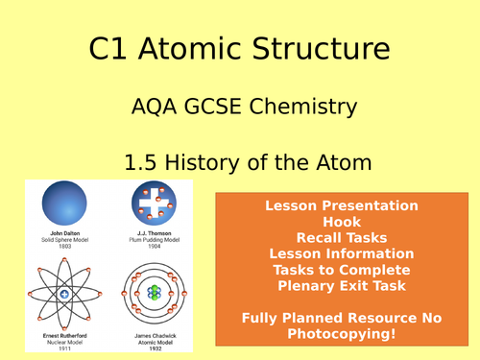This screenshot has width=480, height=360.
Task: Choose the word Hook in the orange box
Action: (342, 221)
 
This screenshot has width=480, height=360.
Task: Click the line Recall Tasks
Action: (342, 237)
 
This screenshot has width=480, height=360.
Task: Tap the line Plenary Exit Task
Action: (342, 285)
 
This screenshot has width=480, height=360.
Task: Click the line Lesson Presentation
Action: (342, 205)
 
